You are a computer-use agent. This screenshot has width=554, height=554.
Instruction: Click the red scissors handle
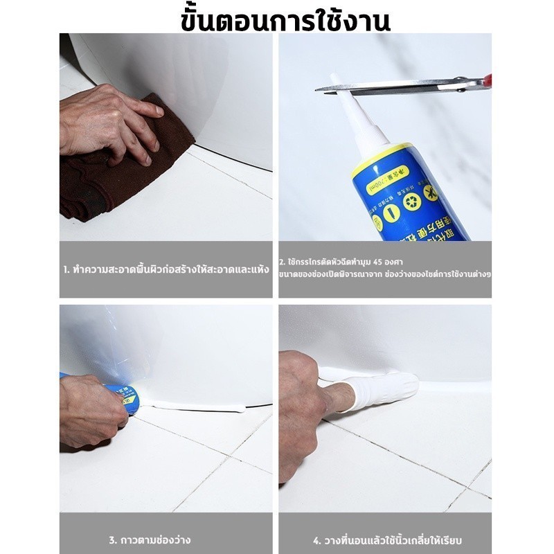coord(488,80)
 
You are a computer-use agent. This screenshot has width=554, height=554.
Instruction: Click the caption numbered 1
coord(166,269)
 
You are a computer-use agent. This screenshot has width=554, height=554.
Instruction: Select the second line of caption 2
coord(385,275)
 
